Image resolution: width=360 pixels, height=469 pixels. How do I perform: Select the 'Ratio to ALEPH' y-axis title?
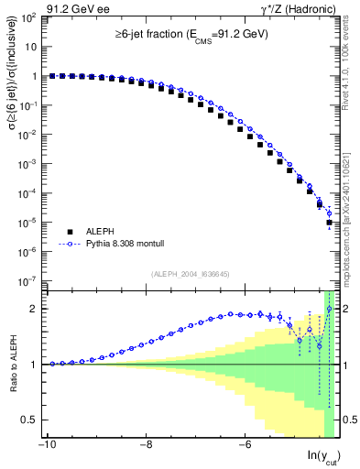point(13,365)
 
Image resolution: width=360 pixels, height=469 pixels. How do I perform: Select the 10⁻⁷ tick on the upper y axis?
point(29,280)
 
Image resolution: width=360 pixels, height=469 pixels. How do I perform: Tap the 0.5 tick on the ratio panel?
point(28,420)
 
